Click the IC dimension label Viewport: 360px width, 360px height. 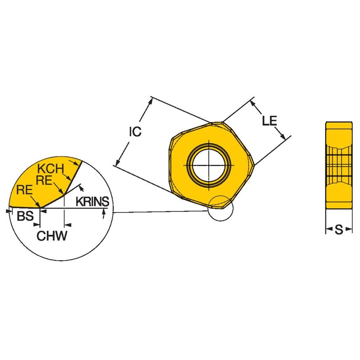click(135, 132)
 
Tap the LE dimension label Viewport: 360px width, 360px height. click(269, 121)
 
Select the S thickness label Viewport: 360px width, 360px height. click(339, 230)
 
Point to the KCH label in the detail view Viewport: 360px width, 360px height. click(51, 169)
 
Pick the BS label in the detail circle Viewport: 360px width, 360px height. click(25, 217)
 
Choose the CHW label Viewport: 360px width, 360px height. click(52, 236)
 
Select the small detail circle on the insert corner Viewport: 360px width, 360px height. click(220, 208)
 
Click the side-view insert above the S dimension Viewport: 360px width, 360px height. click(339, 164)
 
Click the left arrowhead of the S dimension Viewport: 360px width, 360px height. click(328, 230)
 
